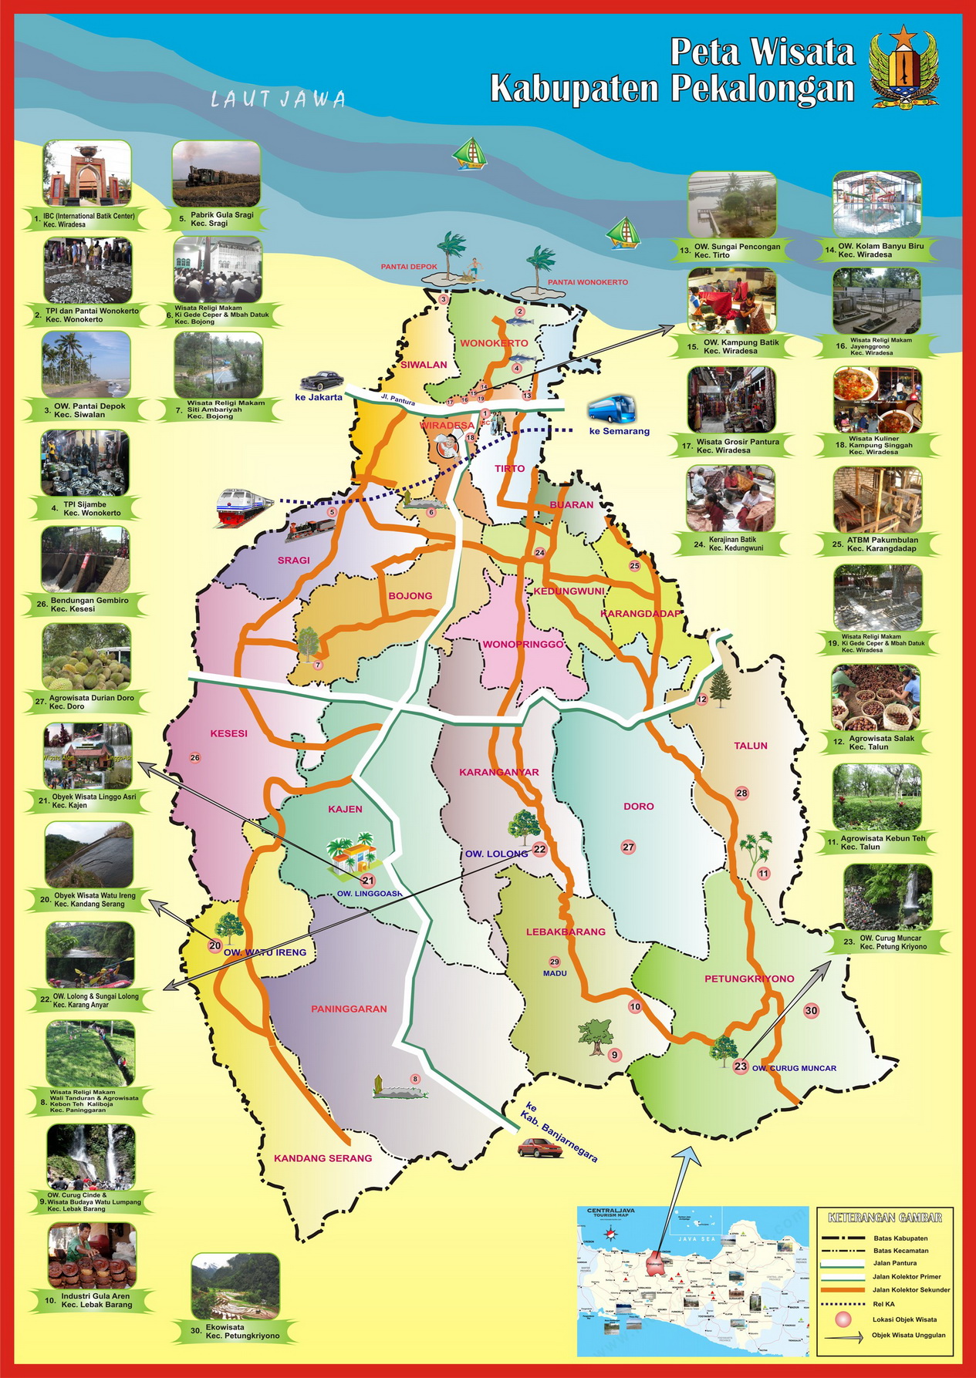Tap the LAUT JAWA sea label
click(x=278, y=99)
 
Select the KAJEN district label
click(x=345, y=809)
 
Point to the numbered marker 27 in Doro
click(x=628, y=847)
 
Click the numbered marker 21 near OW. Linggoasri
click(x=368, y=881)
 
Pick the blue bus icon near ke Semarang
click(x=612, y=408)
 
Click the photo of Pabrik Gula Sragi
click(x=216, y=174)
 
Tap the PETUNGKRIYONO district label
click(x=748, y=979)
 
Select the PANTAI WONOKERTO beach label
click(x=588, y=282)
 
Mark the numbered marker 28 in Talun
click(x=741, y=793)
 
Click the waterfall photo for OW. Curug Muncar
click(x=887, y=896)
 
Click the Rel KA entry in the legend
click(x=883, y=1304)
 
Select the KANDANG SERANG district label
click(x=323, y=1157)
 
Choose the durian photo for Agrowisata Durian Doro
click(x=86, y=657)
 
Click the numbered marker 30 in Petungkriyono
click(x=811, y=1010)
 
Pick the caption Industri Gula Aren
click(x=96, y=1296)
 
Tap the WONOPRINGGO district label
click(x=523, y=644)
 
